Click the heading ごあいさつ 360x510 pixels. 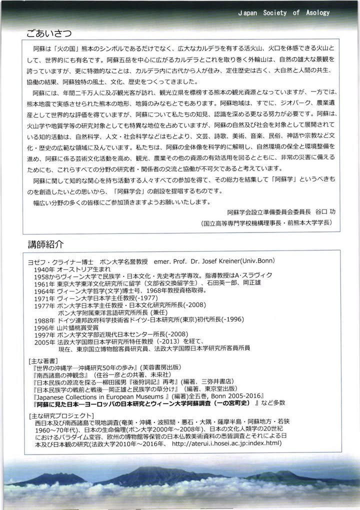point(49,33)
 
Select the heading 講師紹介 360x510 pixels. point(46,244)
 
